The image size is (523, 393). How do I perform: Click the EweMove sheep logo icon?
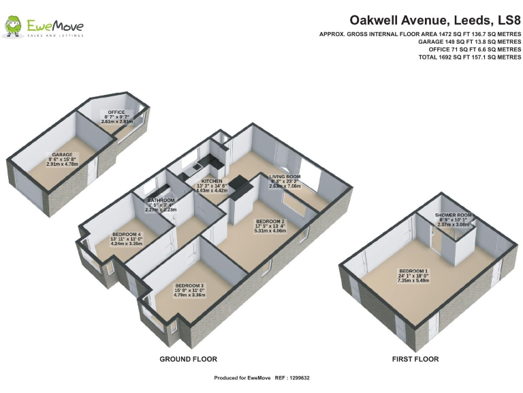12,28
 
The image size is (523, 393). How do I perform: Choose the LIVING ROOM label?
284,177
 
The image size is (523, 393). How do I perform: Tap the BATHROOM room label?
161,201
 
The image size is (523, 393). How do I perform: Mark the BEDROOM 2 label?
270,222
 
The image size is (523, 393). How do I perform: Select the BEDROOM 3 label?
190,285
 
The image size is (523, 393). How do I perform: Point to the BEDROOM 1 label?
413,271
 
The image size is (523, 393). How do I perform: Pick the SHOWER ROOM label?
453,215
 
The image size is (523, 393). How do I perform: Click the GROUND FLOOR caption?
188,359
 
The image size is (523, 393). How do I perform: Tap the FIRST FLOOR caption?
415,359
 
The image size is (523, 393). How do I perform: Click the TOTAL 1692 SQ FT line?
470,57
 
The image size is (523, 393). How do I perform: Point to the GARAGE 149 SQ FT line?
470,42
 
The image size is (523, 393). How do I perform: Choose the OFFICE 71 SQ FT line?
470,50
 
